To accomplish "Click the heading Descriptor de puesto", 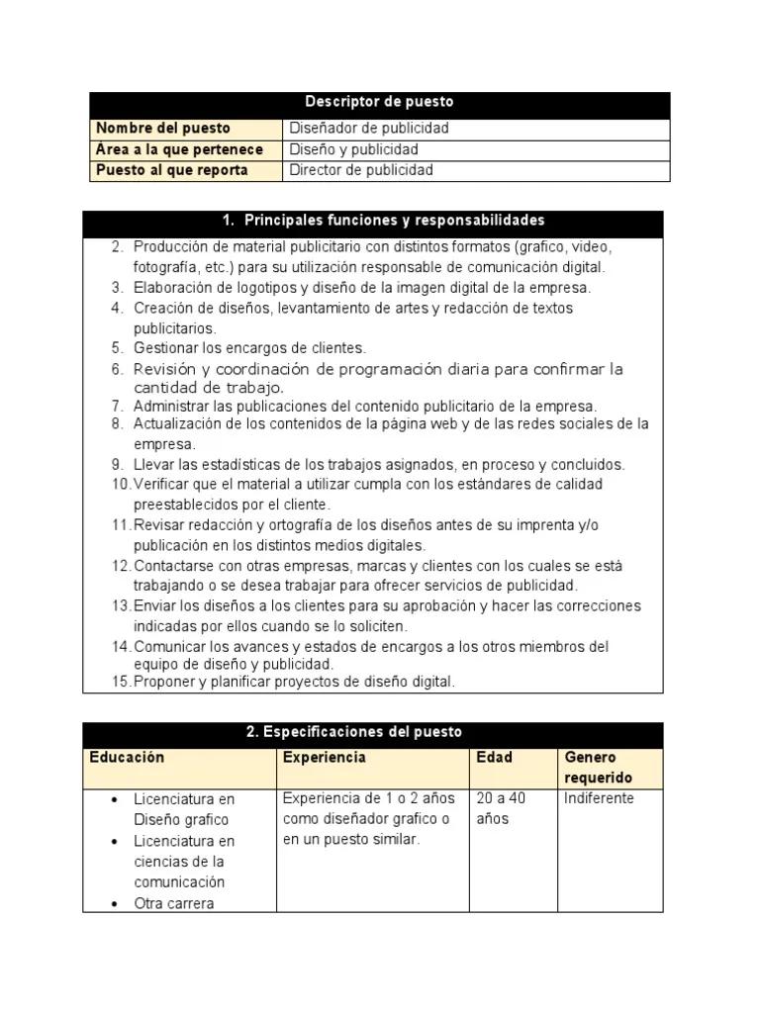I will pos(379,102).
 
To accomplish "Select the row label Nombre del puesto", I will pos(162,128).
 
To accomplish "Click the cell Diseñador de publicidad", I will pos(369,128).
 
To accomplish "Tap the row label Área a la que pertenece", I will pos(179,149).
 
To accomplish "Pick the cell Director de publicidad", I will pos(361,170).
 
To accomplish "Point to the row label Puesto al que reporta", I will pos(172,170).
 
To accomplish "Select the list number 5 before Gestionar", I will pos(117,348).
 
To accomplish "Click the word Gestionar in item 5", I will pos(165,348).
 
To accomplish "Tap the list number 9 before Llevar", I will pos(117,464).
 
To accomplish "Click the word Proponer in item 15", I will pos(162,682).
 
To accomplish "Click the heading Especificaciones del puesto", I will pos(353,732).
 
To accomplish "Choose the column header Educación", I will pos(127,757).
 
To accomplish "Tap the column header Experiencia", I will pos(324,757).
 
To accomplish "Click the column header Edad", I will pos(494,758).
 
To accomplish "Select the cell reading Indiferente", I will pos(599,798).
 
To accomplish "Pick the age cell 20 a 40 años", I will pos(501,808).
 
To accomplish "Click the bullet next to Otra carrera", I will pos(117,903).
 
